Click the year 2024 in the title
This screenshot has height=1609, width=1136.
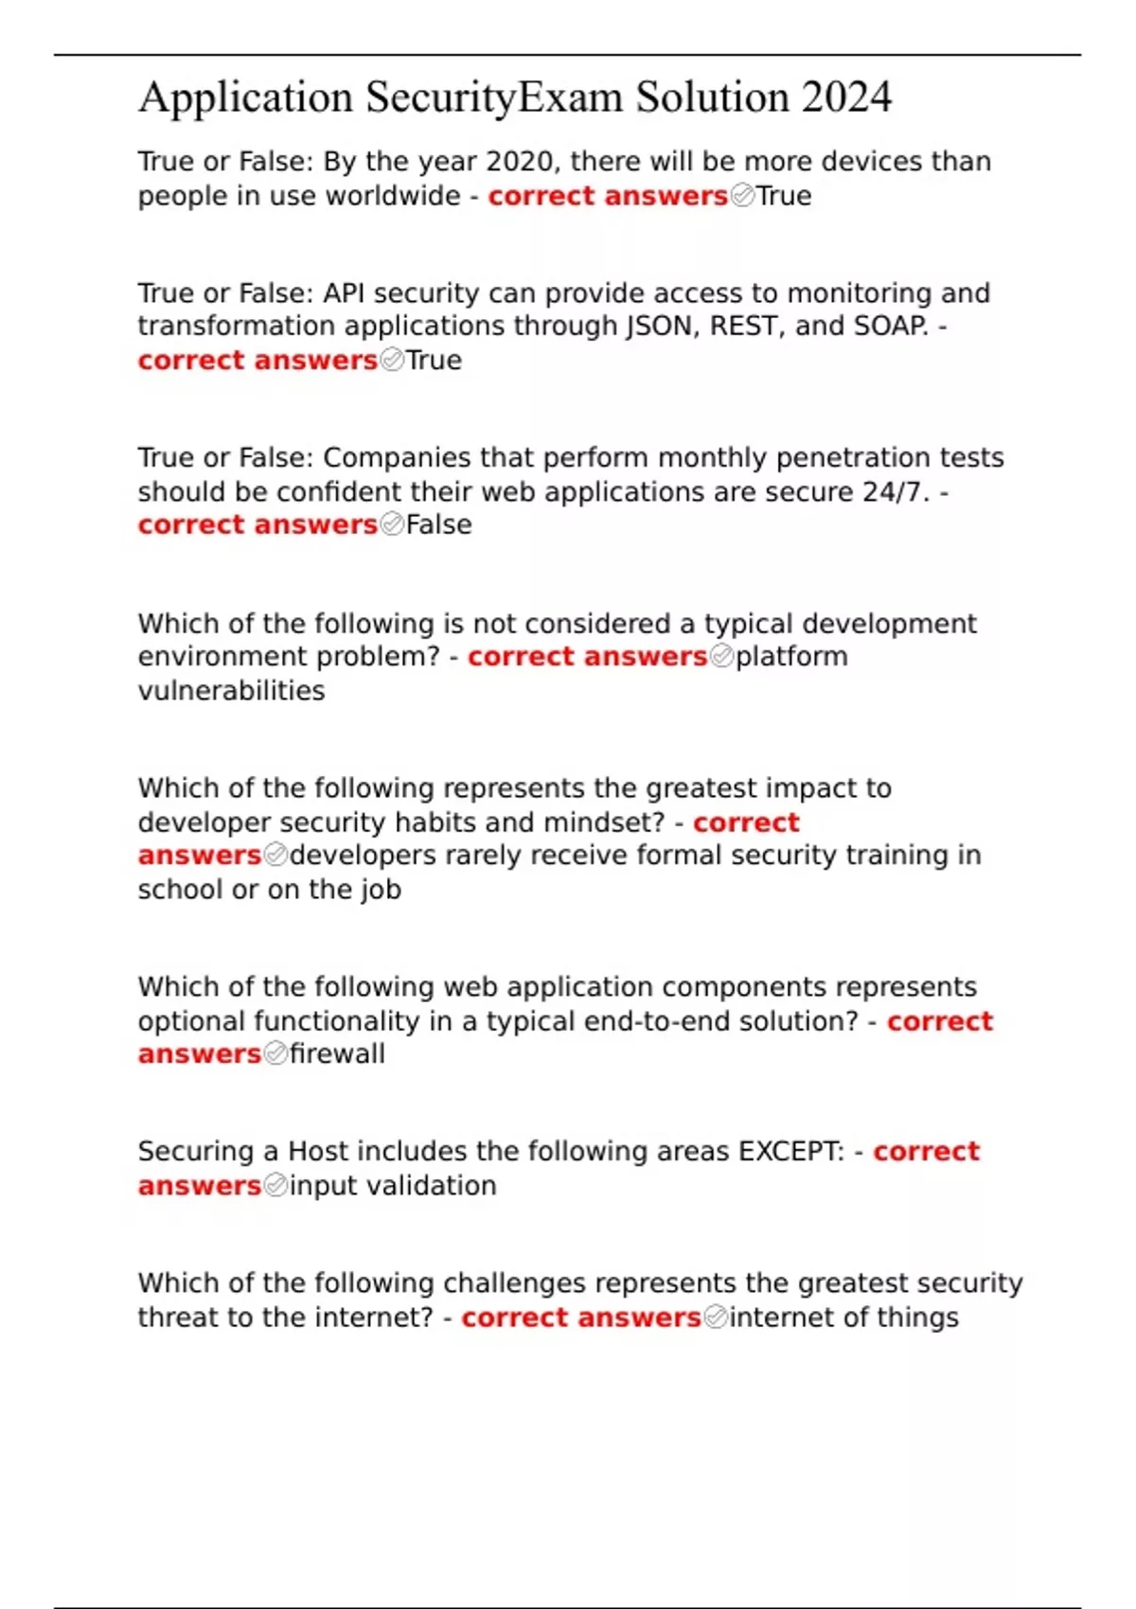tap(846, 97)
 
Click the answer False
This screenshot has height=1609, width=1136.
tap(438, 524)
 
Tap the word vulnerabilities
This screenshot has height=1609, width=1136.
tap(231, 691)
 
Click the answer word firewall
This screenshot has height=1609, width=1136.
tap(337, 1054)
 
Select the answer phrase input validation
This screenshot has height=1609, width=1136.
tap(393, 1186)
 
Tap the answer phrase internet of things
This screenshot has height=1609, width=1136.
tap(843, 1317)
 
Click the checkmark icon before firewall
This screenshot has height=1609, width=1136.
tap(275, 1054)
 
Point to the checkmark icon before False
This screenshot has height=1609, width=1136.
tap(392, 524)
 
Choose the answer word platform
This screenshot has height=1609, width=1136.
tap(791, 657)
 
